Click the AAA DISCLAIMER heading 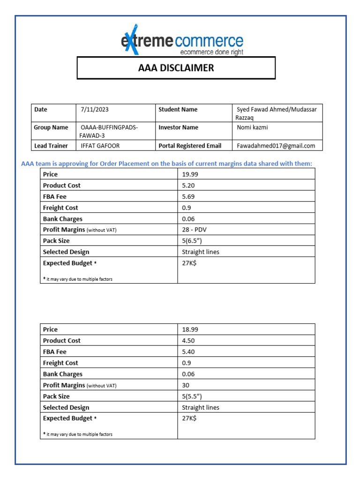pos(176,68)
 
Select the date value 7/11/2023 pos(95,110)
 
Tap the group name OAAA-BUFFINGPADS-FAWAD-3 pos(109,131)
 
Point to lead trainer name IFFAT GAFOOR pos(100,146)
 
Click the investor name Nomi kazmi pos(253,127)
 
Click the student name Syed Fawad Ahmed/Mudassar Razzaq pos(277,113)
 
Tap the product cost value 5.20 pos(189,186)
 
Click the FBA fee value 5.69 pos(189,197)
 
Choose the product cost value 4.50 pos(189,341)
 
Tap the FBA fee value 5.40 pos(189,352)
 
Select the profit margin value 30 pos(186,385)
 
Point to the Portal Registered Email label pos(190,146)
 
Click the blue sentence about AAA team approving pos(166,163)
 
